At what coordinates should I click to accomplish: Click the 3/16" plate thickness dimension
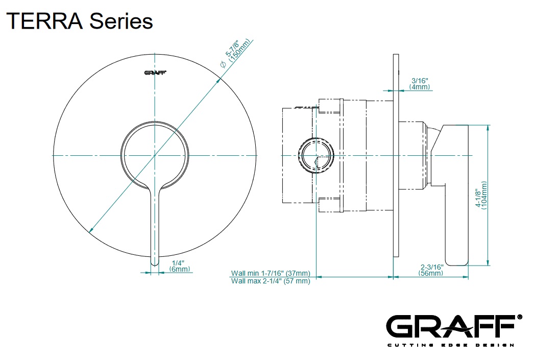click(420, 81)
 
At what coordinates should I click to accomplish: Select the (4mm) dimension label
click(420, 87)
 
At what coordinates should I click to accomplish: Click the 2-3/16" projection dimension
click(431, 267)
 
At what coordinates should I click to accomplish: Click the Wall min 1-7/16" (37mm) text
click(270, 273)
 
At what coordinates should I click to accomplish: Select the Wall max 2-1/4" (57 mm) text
click(270, 281)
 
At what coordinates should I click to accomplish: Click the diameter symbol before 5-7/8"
click(222, 64)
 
